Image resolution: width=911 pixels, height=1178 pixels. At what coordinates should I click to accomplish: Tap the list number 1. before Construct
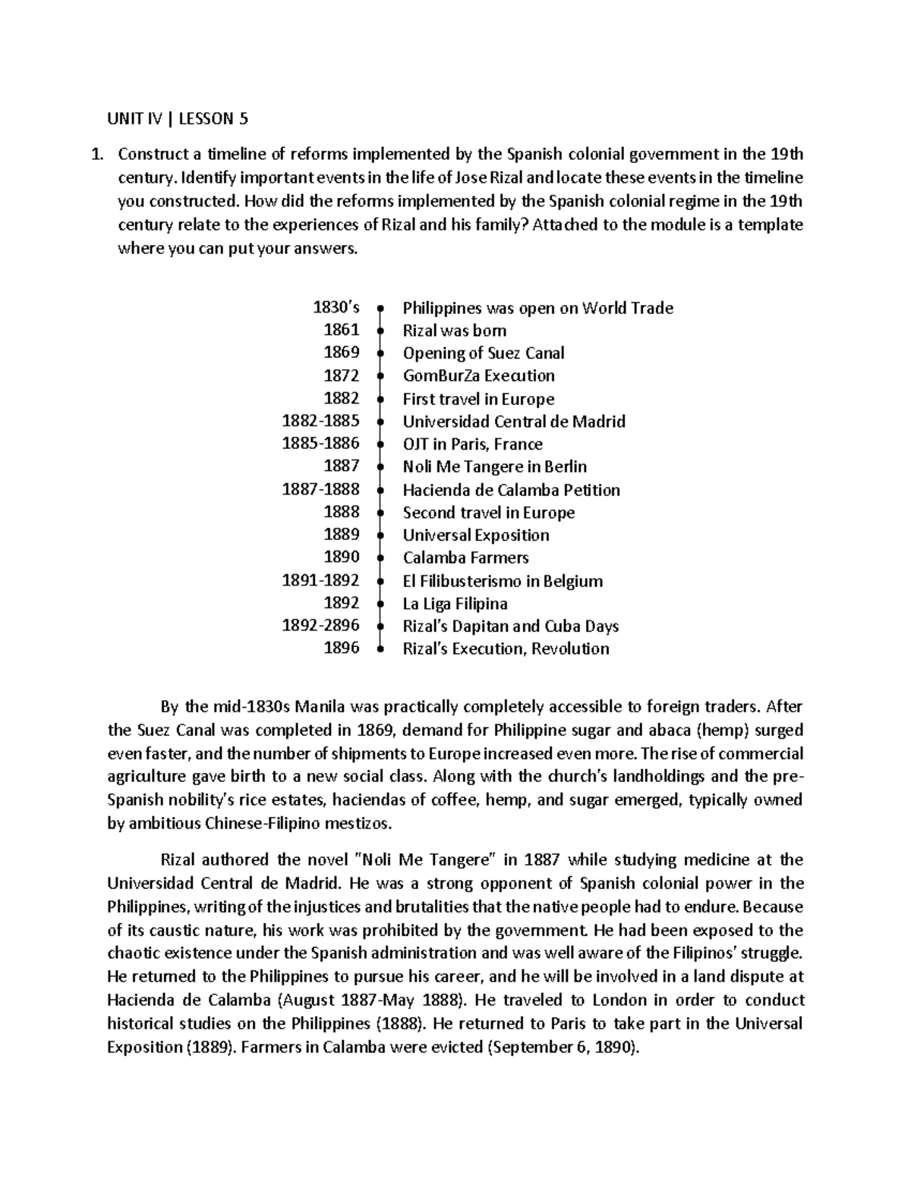(96, 155)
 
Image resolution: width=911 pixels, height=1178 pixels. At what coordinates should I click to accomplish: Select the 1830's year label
(336, 308)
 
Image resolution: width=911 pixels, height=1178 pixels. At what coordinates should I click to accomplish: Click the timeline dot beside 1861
(379, 331)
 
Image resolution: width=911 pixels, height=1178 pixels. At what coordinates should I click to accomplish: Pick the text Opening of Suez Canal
(484, 353)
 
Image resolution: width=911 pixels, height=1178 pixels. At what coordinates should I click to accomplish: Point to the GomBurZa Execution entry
(478, 376)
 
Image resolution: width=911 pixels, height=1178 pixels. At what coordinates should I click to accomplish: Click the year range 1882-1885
(320, 421)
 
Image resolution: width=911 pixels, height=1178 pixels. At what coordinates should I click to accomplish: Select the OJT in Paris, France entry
(472, 444)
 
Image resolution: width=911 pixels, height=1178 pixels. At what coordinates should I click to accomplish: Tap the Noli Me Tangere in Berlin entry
(494, 467)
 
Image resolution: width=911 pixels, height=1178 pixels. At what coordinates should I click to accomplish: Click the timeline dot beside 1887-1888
(379, 490)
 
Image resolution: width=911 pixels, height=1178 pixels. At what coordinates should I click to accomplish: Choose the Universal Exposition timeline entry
(476, 536)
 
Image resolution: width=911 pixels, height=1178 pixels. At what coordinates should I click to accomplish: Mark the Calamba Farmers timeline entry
(465, 558)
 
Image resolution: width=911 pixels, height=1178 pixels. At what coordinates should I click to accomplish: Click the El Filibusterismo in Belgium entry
(503, 581)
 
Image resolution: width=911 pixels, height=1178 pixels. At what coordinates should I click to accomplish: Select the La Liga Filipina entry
(455, 604)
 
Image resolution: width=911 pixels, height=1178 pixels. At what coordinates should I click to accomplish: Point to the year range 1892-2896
(320, 626)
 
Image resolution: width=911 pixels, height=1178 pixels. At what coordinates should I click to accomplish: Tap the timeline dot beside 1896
(379, 649)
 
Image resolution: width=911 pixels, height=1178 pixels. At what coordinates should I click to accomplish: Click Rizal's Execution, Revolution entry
(506, 649)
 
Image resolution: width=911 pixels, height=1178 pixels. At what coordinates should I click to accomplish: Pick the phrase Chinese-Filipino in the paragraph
(266, 824)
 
